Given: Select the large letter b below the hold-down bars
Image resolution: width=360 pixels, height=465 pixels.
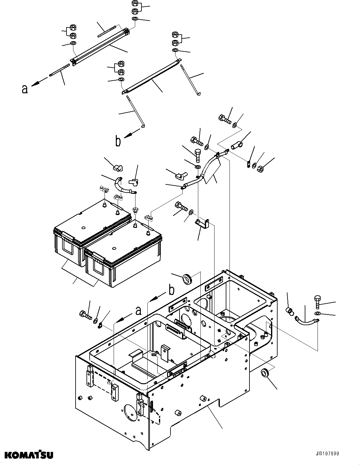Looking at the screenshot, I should pos(118,141).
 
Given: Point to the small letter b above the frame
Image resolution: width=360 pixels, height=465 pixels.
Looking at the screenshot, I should pos(171,291).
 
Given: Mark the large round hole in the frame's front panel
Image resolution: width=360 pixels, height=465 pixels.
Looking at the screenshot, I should pos(130,414).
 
